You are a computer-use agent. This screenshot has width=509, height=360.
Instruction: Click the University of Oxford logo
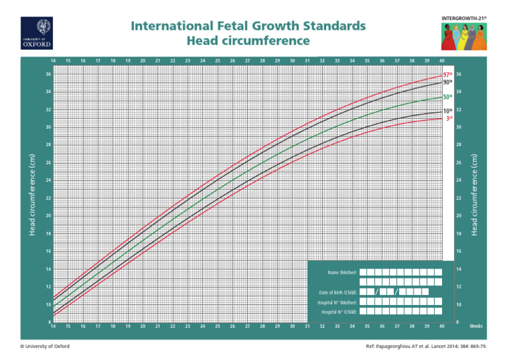(36, 32)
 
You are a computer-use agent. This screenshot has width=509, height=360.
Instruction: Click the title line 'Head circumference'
(249, 41)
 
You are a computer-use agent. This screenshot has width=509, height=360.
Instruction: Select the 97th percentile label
(448, 75)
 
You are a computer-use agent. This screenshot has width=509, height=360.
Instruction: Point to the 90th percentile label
(448, 83)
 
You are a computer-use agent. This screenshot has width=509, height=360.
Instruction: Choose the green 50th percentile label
(448, 97)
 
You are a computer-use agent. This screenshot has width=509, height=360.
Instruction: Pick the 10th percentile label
(448, 111)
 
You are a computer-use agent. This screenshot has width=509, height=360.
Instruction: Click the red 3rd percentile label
(449, 119)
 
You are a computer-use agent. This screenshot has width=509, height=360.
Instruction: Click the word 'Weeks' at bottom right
(476, 326)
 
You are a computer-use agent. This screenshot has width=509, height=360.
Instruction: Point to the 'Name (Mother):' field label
(343, 272)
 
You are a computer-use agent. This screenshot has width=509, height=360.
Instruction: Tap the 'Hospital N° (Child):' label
(339, 312)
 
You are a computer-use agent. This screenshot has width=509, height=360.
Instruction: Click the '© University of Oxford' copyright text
(45, 347)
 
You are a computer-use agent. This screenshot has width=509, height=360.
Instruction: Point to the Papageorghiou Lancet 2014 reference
(427, 347)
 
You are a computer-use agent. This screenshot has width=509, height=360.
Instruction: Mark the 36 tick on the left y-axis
(48, 74)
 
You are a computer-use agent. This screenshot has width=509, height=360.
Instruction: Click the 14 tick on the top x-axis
(53, 61)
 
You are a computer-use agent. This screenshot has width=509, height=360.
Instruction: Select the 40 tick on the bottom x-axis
(441, 326)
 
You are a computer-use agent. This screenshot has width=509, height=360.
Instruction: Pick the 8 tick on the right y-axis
(458, 322)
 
